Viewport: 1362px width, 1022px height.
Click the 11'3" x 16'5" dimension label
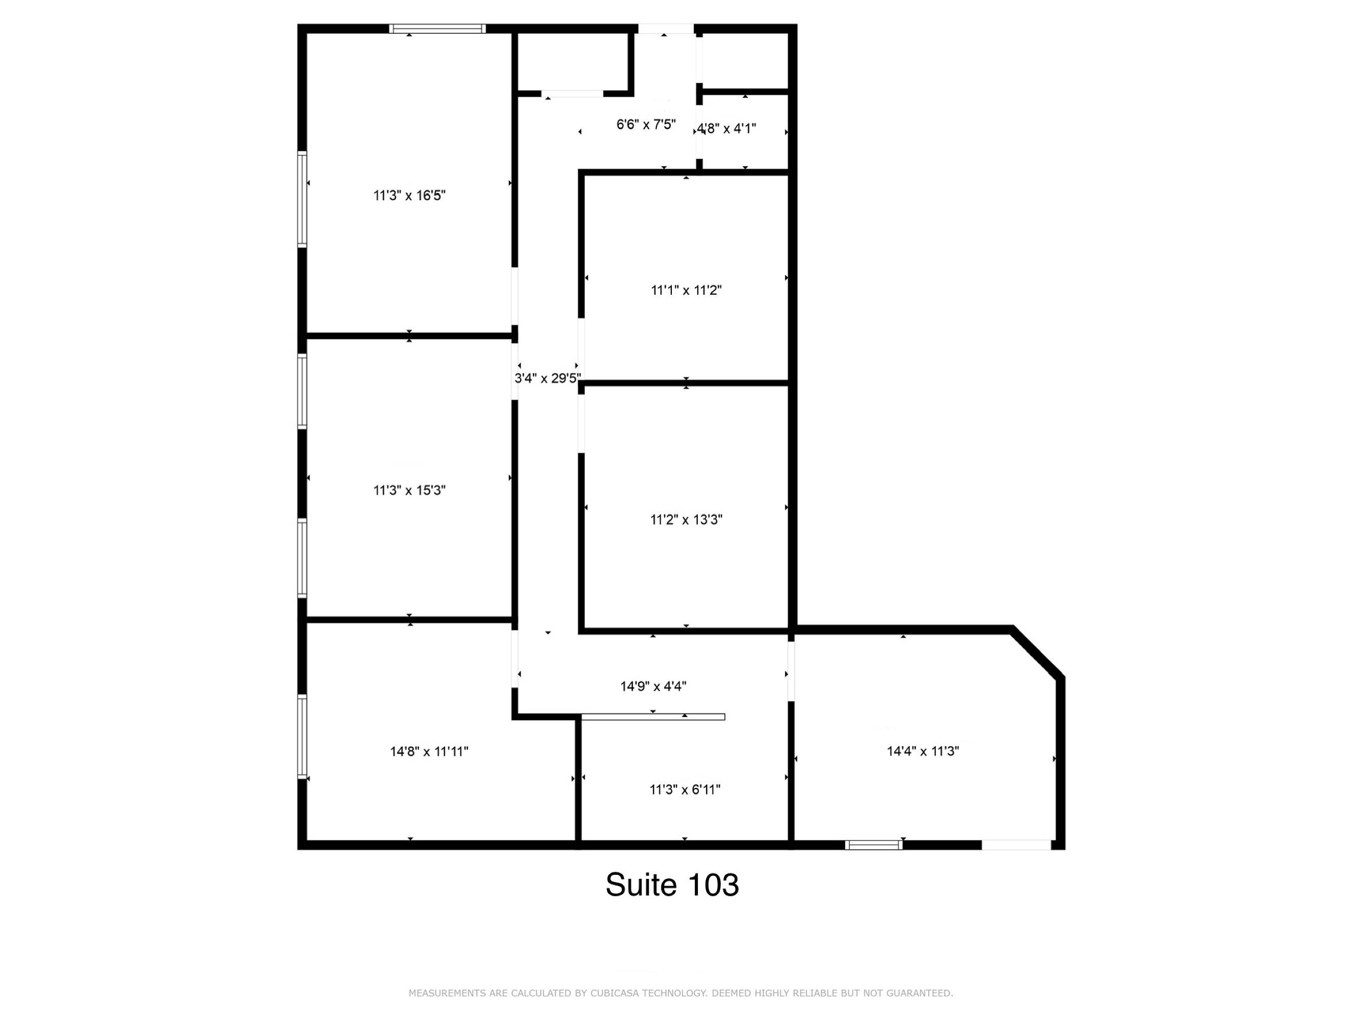[x=409, y=195]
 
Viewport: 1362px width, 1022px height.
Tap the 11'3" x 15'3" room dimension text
[x=409, y=491]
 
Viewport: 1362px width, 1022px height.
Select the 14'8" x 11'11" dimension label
[x=429, y=752]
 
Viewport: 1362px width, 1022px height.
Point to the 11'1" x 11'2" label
[x=687, y=290]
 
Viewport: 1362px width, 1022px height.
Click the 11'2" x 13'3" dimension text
[x=687, y=520]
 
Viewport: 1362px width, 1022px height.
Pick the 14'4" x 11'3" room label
[x=923, y=751]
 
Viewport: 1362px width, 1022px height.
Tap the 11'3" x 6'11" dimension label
[x=685, y=790]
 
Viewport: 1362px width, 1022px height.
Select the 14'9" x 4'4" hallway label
[x=653, y=686]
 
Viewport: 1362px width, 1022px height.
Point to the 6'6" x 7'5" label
[x=646, y=125]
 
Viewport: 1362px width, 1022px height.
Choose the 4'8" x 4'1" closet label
[x=726, y=129]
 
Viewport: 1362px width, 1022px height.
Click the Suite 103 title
[x=672, y=885]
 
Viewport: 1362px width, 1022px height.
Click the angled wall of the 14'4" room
[x=1038, y=653]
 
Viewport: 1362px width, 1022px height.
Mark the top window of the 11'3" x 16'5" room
[x=438, y=28]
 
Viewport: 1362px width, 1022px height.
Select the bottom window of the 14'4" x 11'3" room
[x=874, y=845]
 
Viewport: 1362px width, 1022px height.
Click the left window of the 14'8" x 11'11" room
[x=302, y=737]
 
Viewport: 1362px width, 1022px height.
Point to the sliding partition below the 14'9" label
[x=653, y=717]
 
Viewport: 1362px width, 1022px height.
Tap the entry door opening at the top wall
[x=666, y=28]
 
